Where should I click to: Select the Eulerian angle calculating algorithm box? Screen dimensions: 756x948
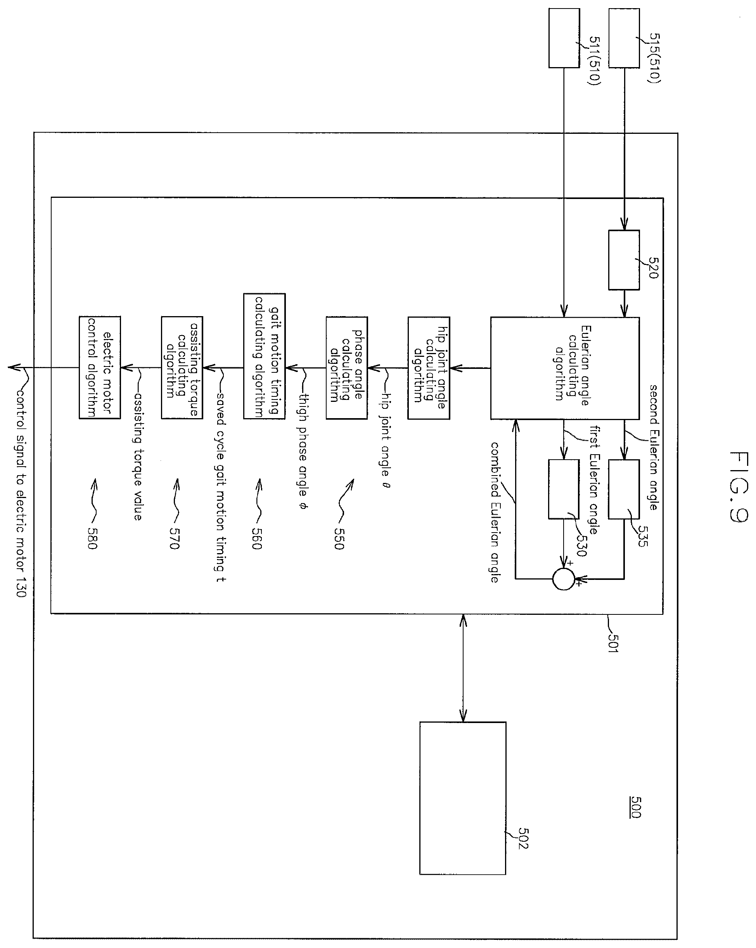(565, 368)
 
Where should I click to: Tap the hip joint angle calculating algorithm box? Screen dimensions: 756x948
(429, 368)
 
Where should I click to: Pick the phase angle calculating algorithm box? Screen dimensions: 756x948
(346, 368)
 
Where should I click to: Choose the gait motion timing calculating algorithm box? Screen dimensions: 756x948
(264, 356)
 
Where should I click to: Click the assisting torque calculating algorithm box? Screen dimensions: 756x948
(182, 368)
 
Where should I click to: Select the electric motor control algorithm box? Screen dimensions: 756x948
(100, 368)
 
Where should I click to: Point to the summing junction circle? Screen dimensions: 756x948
(564, 579)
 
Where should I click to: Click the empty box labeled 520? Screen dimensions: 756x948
(624, 260)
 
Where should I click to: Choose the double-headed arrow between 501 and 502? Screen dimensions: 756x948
(463, 668)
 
